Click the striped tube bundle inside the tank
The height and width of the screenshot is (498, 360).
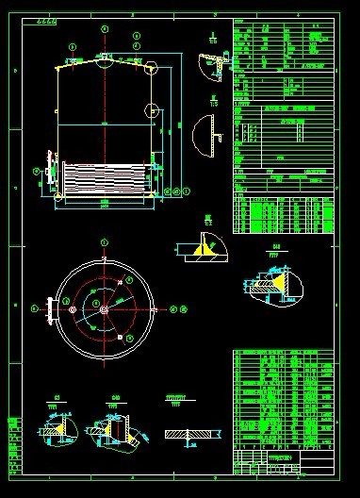tap(104, 177)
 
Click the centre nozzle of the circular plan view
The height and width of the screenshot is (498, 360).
tap(103, 307)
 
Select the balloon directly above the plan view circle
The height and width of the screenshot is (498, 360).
tap(104, 243)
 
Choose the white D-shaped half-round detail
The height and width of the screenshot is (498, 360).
tap(205, 136)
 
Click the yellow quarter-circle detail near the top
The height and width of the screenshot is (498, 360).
tap(210, 68)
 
